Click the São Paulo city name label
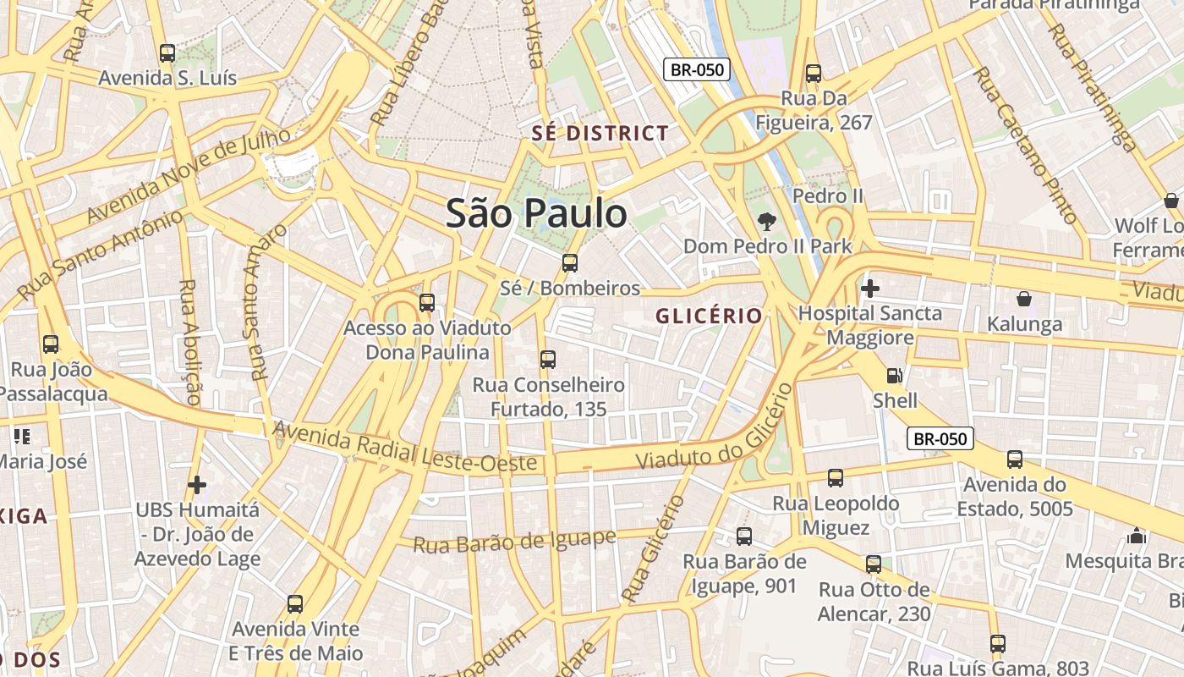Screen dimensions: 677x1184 coord(536,213)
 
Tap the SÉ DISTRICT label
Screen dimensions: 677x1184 coord(600,134)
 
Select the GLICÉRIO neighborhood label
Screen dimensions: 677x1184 coord(710,316)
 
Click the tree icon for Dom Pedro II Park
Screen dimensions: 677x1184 coord(767,222)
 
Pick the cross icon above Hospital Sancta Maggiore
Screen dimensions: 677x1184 coord(869,289)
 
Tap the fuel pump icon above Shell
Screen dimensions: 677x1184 coord(894,376)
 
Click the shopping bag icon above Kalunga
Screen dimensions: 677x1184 coord(1023,299)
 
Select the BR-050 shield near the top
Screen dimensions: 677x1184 coord(696,69)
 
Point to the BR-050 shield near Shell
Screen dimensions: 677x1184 coord(940,438)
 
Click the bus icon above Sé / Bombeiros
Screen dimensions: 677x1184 coord(570,263)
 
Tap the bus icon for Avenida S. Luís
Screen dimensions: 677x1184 coord(167,53)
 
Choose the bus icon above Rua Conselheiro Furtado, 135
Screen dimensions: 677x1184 coord(548,360)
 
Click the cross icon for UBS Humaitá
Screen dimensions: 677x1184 coord(197,485)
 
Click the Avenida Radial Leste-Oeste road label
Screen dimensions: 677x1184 coord(405,449)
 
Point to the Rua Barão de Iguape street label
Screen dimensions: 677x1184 coord(514,541)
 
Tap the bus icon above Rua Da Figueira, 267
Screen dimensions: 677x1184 coord(814,74)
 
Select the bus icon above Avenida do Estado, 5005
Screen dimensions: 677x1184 coord(1015,460)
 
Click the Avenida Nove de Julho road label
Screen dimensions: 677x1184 coord(188,174)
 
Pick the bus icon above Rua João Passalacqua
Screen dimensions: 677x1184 coord(51,344)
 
